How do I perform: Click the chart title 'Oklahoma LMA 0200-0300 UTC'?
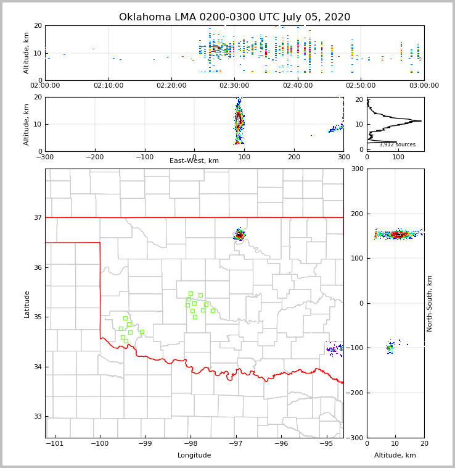(234, 17)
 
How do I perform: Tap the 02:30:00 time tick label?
(234, 85)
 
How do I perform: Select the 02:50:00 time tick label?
(361, 85)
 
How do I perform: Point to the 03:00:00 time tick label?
(424, 85)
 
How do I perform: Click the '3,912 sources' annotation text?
(397, 144)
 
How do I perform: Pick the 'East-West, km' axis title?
(194, 161)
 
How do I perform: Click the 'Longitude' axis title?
(194, 456)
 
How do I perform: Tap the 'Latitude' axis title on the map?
(27, 304)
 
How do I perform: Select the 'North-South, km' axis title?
(430, 303)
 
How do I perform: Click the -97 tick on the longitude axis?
(236, 443)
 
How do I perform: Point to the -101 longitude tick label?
(55, 443)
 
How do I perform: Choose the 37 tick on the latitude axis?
(37, 217)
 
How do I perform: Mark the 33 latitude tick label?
(37, 417)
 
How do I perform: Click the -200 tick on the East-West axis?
(94, 157)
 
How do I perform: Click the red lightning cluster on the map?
(239, 235)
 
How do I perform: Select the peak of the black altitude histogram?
(421, 120)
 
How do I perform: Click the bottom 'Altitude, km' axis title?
(395, 456)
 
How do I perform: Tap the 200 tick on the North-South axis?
(356, 214)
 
